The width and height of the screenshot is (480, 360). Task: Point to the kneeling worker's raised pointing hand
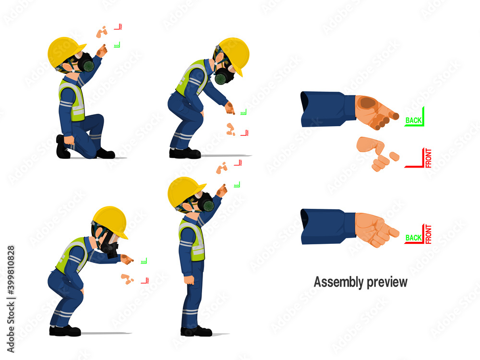(x=102, y=50)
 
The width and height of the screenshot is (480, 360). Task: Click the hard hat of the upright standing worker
(x=185, y=190)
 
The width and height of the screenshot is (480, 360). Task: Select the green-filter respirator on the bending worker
(x=222, y=76)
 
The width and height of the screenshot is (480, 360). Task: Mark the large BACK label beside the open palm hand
(x=414, y=120)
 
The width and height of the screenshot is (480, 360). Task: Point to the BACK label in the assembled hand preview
(x=413, y=237)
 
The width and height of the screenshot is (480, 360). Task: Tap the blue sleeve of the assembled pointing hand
(x=327, y=226)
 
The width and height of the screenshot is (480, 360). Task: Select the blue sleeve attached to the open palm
(x=327, y=108)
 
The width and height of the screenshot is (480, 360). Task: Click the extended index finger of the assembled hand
(x=391, y=232)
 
